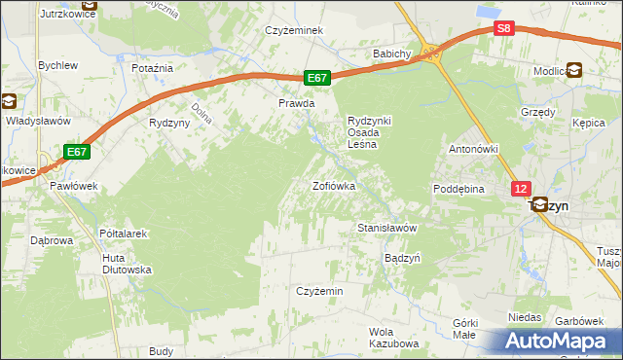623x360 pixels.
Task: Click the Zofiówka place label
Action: (x=333, y=185)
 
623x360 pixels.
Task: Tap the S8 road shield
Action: (x=503, y=29)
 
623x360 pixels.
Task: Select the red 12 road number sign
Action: (x=522, y=189)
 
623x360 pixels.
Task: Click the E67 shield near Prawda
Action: (x=317, y=78)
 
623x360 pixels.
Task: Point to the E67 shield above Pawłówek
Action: (x=78, y=152)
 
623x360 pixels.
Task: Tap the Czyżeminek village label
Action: (x=295, y=30)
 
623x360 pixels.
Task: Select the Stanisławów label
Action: (x=386, y=228)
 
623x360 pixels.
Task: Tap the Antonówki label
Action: (x=473, y=150)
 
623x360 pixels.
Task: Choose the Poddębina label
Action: (x=459, y=189)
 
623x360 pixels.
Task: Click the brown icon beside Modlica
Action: (x=574, y=70)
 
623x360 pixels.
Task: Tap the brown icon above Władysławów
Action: (x=9, y=100)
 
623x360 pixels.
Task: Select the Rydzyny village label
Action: (x=167, y=123)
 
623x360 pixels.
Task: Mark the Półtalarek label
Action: (x=123, y=234)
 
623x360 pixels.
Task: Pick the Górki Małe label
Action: (x=464, y=328)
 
